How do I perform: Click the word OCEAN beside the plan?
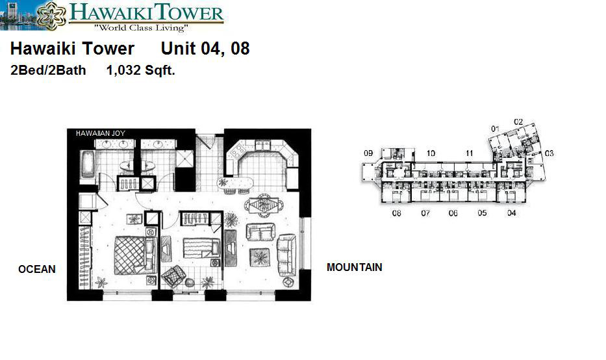[x=37, y=269]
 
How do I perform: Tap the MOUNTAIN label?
[x=355, y=267]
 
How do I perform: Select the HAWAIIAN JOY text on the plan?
[x=101, y=133]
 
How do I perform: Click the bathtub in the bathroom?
[x=88, y=164]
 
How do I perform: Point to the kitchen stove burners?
[x=237, y=150]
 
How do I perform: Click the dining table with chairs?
[x=264, y=205]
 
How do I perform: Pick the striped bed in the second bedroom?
[x=201, y=248]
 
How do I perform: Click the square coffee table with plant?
[x=260, y=257]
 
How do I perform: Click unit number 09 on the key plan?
[x=368, y=153]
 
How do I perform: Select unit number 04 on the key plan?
[x=511, y=212]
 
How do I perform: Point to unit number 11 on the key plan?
[x=469, y=153]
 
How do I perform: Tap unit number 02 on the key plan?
[x=518, y=122]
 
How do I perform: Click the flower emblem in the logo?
[x=52, y=15]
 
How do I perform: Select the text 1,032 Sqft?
[x=141, y=70]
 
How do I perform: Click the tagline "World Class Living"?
[x=142, y=27]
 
